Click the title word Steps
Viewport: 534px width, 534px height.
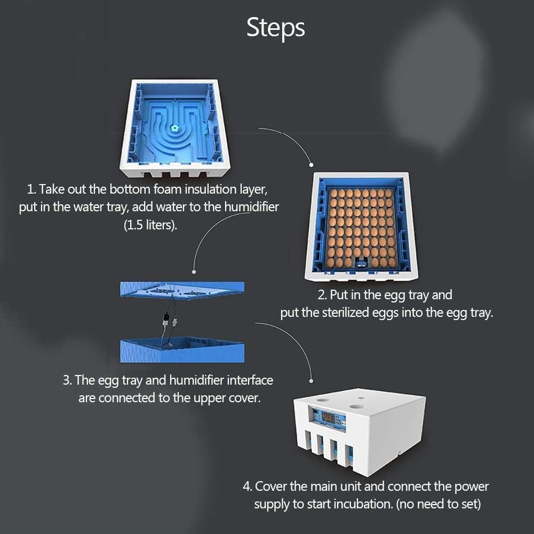(x=275, y=28)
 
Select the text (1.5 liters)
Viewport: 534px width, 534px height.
(x=150, y=225)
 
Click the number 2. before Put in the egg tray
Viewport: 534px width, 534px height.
(x=322, y=295)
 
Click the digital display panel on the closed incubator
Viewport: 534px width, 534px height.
(x=329, y=419)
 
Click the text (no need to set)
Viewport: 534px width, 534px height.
(x=439, y=504)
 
